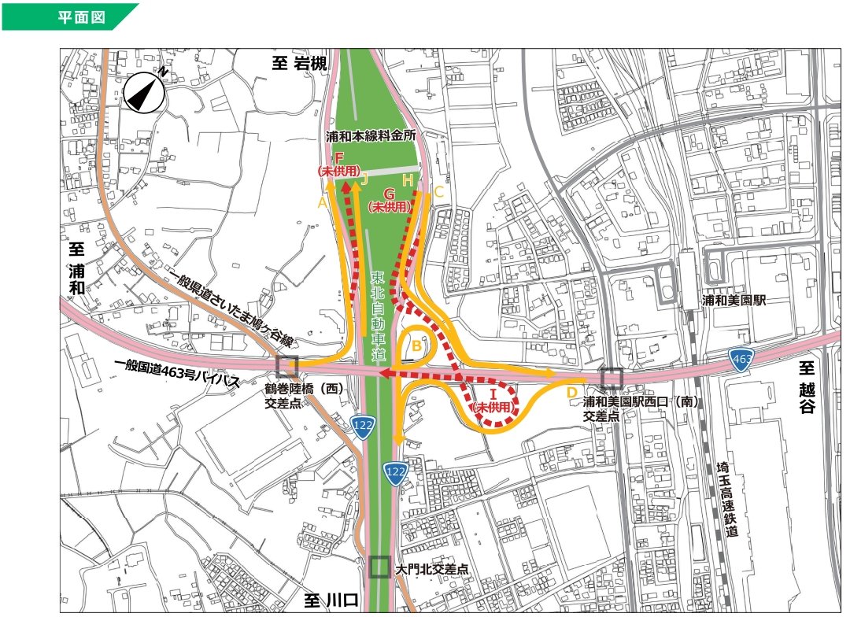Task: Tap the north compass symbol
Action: coord(144,93)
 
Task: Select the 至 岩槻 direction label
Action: coord(299,64)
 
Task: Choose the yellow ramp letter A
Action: coord(321,202)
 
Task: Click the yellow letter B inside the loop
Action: coord(418,346)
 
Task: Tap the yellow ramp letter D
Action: coord(572,391)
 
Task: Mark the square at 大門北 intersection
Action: coord(379,567)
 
